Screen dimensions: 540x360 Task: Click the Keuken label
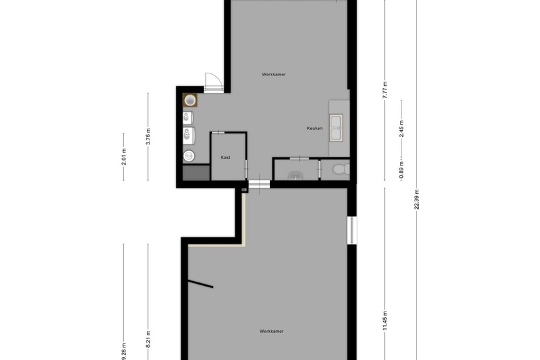pos(315,128)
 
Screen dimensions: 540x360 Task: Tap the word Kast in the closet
pos(226,157)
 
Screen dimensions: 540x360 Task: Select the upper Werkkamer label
pos(273,74)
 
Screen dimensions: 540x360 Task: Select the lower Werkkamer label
pos(271,332)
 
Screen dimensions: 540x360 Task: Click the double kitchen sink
pos(336,128)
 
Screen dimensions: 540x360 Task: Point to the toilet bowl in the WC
pos(341,169)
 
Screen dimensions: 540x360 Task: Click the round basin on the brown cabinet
pos(190,100)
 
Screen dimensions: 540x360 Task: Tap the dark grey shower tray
pos(197,172)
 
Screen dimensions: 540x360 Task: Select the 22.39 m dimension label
pos(417,199)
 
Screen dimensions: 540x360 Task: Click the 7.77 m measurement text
pos(385,90)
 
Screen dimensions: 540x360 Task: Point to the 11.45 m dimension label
pos(385,321)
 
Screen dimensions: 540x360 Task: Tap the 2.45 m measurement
pos(402,129)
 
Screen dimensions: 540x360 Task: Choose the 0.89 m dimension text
pos(402,171)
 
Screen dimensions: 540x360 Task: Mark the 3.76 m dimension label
pos(148,136)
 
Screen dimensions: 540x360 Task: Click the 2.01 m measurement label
pos(124,156)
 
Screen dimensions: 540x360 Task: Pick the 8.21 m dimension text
pos(148,339)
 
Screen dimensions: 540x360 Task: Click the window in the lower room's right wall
pos(352,230)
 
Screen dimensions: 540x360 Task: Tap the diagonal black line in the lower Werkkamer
pos(201,284)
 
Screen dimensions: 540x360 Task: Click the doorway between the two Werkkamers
pos(260,184)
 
